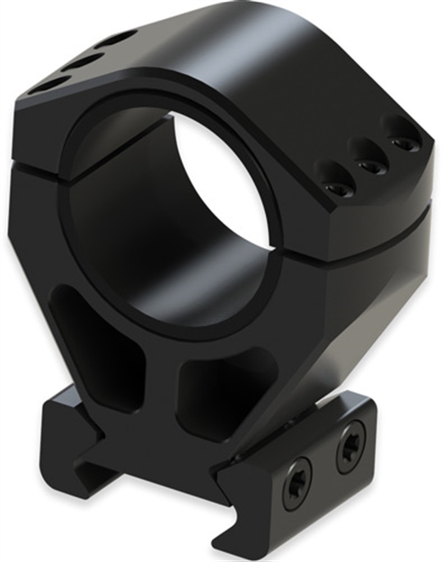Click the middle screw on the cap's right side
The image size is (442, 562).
click(x=369, y=166)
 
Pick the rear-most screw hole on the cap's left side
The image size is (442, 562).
click(x=117, y=39)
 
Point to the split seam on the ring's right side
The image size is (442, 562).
click(x=377, y=220)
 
